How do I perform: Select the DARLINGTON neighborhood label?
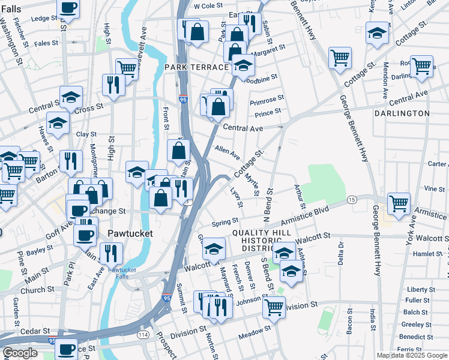point(402,113)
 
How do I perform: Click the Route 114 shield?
point(143,334)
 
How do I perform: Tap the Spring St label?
point(225,222)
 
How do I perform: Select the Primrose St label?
point(267,99)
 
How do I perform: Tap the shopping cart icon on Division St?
point(274,307)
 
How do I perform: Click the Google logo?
point(20,353)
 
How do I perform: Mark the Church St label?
point(37,290)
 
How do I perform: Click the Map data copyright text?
point(411,355)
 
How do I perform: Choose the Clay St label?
point(86,134)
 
